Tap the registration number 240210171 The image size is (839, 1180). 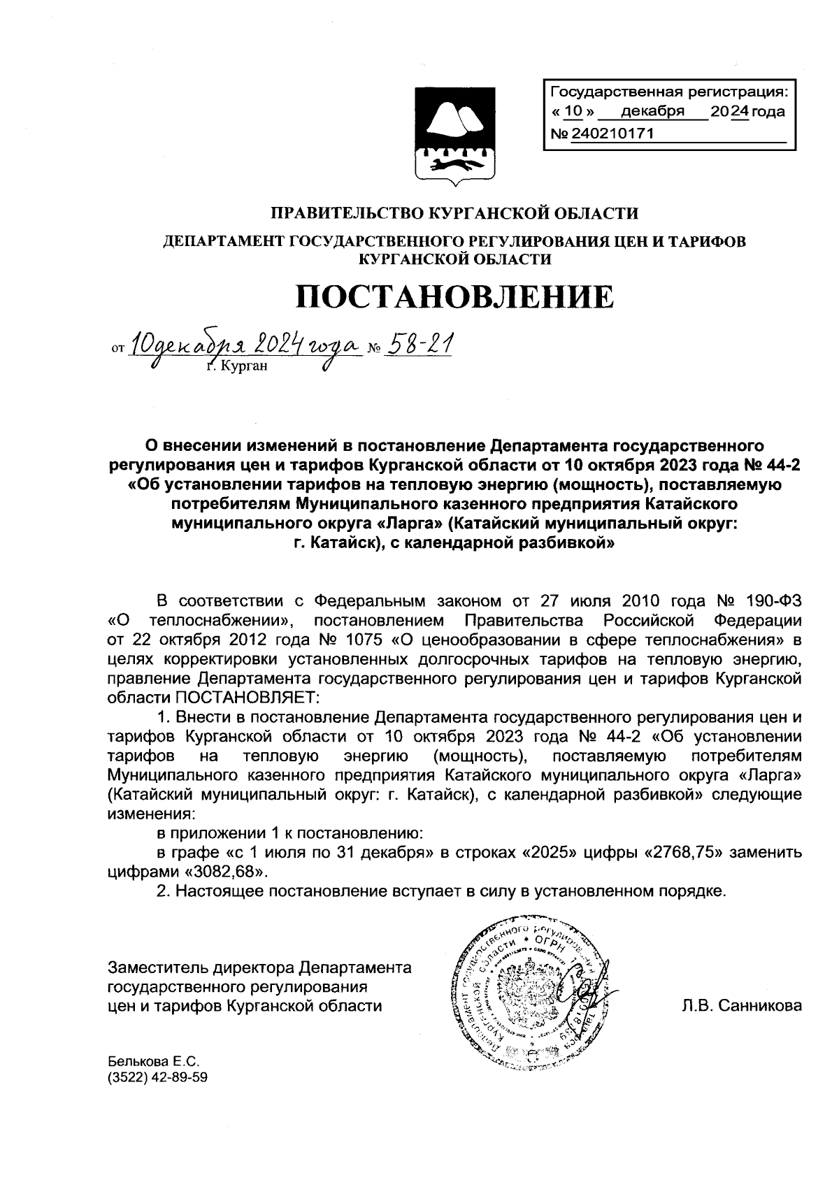point(612,133)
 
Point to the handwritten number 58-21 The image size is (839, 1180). point(421,343)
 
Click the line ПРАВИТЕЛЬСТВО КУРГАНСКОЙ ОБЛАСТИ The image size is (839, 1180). point(454,213)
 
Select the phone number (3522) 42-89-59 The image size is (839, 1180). point(157,1077)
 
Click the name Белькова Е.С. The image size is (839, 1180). point(149,1060)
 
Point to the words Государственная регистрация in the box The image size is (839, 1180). point(668,92)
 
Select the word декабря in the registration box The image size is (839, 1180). point(652,111)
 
